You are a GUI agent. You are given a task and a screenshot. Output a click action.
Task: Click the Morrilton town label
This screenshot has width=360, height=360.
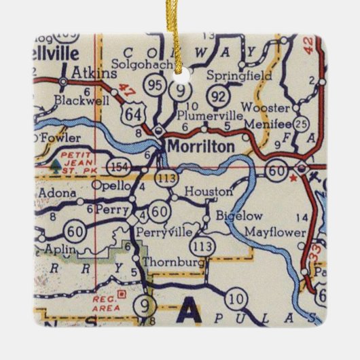coord(201,146)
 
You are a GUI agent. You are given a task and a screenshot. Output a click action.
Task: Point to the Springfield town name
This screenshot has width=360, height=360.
coord(238,75)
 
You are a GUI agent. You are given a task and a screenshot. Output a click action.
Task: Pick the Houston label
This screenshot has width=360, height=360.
coord(208,192)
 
